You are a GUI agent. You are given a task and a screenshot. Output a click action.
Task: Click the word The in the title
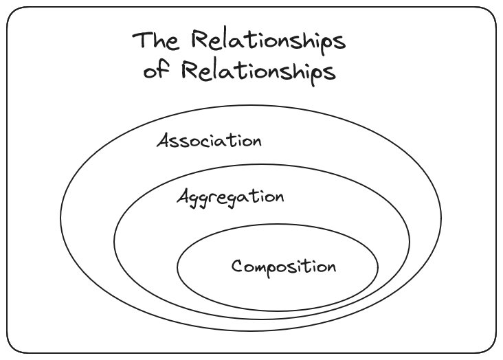(x=157, y=41)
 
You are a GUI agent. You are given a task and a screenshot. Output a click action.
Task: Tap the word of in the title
(x=155, y=71)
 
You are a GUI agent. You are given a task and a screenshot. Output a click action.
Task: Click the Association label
(x=209, y=142)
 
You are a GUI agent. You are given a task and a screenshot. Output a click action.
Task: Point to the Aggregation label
(x=230, y=198)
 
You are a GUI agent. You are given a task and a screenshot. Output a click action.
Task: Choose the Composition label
(x=284, y=267)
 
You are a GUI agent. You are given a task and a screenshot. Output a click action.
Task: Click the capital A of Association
(x=164, y=141)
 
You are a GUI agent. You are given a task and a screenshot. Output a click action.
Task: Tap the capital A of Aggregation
(x=183, y=196)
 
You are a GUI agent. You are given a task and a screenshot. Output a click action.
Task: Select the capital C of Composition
(x=237, y=266)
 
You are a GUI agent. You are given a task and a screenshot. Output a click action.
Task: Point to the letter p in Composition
(x=269, y=269)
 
